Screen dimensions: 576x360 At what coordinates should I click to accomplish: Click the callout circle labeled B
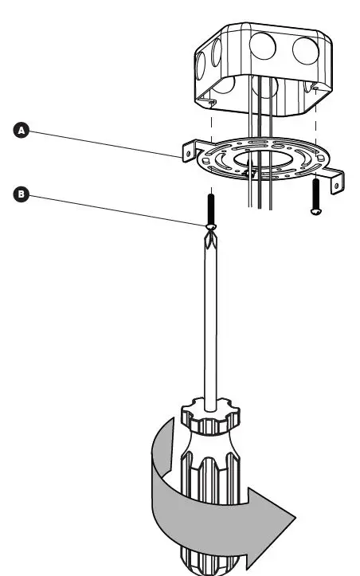pyautogui.click(x=22, y=194)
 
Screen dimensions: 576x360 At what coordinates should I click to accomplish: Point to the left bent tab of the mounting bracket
pyautogui.click(x=190, y=149)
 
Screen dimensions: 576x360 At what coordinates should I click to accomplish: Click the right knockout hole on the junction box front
pyautogui.click(x=305, y=51)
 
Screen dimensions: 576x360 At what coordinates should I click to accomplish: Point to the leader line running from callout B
pyautogui.click(x=112, y=210)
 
